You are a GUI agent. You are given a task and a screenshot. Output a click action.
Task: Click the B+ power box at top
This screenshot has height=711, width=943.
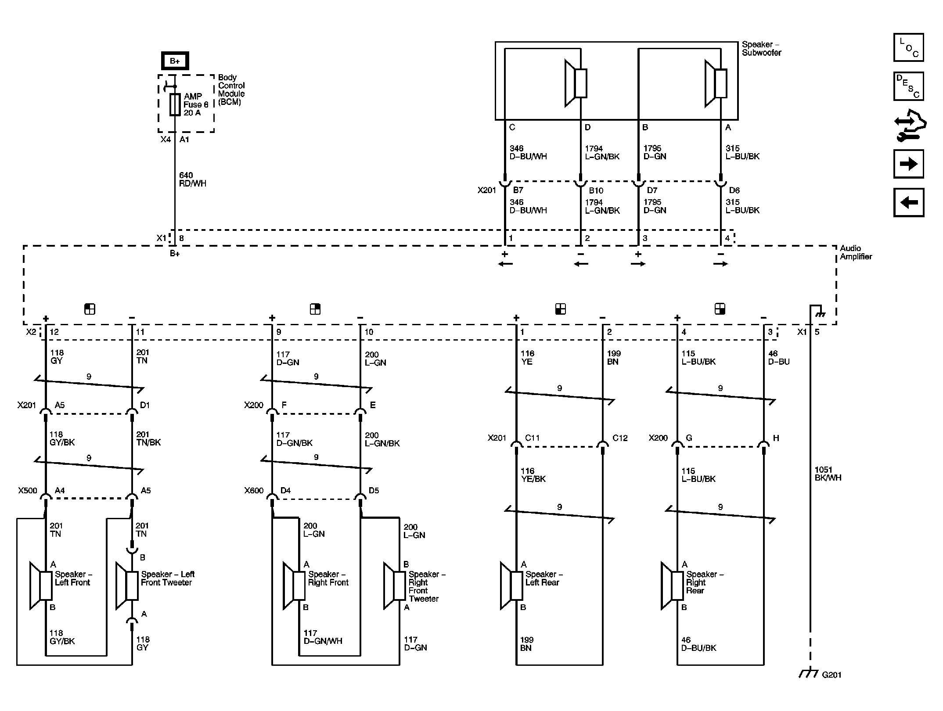tap(175, 61)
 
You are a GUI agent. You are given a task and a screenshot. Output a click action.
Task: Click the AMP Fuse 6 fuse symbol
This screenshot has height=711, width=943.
tap(175, 104)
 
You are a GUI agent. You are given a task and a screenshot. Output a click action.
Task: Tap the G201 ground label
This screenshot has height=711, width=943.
tap(831, 675)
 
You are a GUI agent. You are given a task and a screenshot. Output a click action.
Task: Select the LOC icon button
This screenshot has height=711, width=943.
tap(908, 47)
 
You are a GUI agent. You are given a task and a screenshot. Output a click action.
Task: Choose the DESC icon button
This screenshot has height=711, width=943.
tap(908, 86)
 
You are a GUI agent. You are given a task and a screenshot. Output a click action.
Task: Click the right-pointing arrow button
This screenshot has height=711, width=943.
tap(908, 164)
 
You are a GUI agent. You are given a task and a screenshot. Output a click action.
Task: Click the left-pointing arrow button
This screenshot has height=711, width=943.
tap(908, 202)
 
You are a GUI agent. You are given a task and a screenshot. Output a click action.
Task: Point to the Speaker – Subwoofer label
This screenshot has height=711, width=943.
tap(761, 49)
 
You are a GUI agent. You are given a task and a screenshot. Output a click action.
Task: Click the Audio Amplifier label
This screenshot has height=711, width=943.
tap(856, 252)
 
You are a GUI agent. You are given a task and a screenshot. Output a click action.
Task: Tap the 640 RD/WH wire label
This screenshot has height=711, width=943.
tap(192, 180)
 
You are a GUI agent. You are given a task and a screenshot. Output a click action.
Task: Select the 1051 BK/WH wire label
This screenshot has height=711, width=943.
tap(828, 474)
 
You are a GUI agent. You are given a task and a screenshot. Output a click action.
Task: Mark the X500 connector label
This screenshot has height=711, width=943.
tap(27, 491)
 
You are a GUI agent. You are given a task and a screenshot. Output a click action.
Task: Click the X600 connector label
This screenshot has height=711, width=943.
tap(254, 491)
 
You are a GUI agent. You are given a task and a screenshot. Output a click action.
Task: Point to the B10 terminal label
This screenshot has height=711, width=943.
tap(596, 190)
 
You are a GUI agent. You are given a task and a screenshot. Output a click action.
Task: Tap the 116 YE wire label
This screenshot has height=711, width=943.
tap(527, 358)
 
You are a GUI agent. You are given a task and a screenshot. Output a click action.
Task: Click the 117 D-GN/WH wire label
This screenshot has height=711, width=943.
tap(323, 637)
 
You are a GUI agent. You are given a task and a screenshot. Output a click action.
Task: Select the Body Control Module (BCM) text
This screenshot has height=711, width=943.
tap(231, 90)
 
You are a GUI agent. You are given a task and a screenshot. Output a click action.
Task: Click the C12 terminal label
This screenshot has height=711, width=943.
tap(620, 438)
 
